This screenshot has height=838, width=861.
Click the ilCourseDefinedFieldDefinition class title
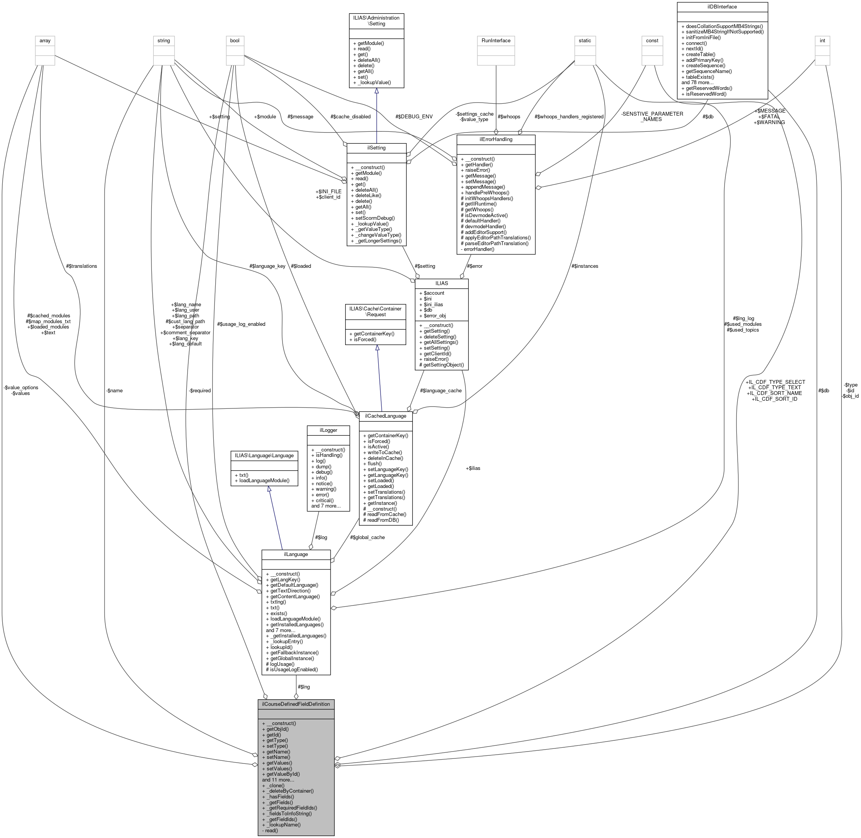point(296,704)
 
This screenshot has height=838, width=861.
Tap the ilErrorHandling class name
point(495,139)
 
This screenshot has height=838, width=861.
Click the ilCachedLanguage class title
point(385,415)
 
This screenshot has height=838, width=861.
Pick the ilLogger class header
point(328,430)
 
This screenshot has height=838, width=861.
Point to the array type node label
point(45,40)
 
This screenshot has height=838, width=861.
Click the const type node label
point(652,40)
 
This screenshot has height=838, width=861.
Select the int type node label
point(822,40)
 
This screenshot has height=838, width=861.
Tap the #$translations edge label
point(81,266)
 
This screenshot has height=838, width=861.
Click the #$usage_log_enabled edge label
point(241,324)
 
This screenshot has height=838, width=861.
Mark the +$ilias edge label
point(473,468)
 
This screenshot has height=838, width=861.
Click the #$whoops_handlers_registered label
point(569,117)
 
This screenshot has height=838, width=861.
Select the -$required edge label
point(199,390)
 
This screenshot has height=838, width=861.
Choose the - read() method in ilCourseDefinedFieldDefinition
point(270,831)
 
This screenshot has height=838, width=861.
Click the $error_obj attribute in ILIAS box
point(434,315)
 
